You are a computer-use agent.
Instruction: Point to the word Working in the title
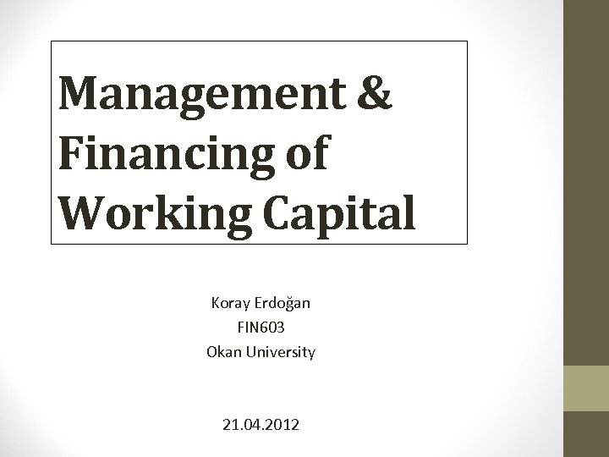click(157, 212)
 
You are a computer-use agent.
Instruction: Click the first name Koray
click(231, 303)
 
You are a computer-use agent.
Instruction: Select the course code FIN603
click(261, 327)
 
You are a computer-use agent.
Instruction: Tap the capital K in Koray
click(216, 303)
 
